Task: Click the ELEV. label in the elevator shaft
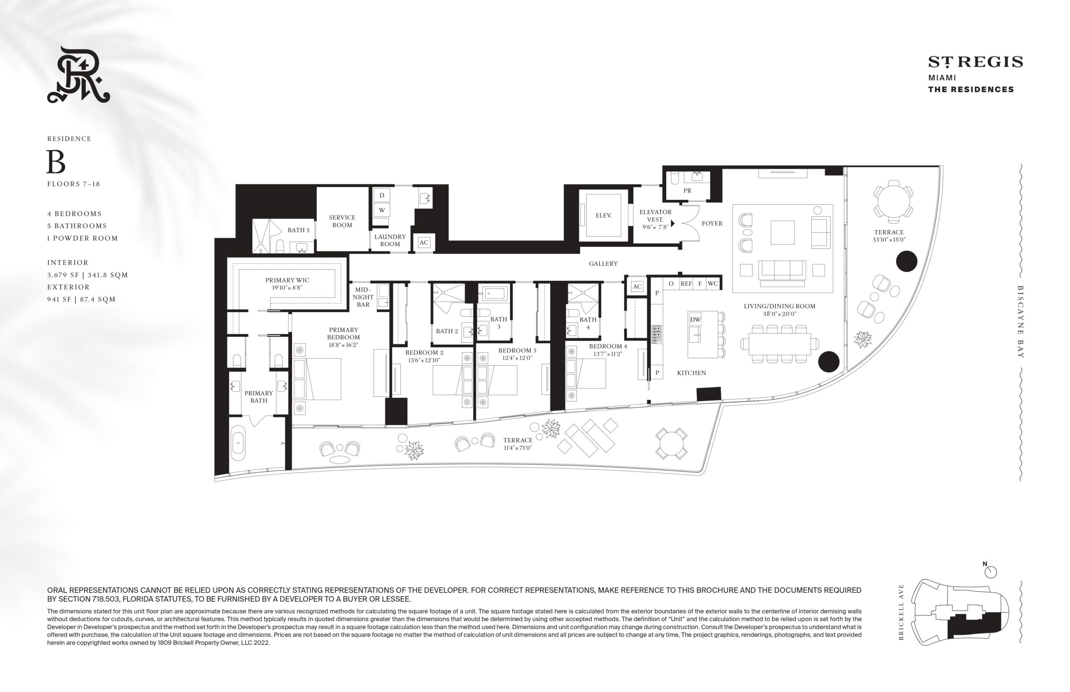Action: click(x=603, y=216)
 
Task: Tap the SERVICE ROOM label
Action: click(x=342, y=221)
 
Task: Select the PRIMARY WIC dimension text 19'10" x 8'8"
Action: click(x=287, y=287)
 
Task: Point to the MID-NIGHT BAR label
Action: click(x=363, y=297)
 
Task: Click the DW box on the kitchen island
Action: click(x=695, y=320)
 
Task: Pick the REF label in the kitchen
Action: click(x=686, y=284)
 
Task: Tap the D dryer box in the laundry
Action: click(x=382, y=196)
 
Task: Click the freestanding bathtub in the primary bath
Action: click(x=238, y=443)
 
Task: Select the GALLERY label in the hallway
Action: click(x=603, y=264)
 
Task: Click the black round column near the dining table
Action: click(x=829, y=362)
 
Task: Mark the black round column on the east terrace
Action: click(x=907, y=261)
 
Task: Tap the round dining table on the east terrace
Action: click(x=893, y=201)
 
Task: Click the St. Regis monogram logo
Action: click(x=79, y=75)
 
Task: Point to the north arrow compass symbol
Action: click(x=990, y=572)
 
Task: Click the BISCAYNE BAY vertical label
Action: click(x=1021, y=322)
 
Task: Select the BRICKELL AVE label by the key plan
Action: click(x=901, y=612)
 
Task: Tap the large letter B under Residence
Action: click(x=56, y=162)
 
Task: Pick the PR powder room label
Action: click(x=687, y=191)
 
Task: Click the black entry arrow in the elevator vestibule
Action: click(x=673, y=223)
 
